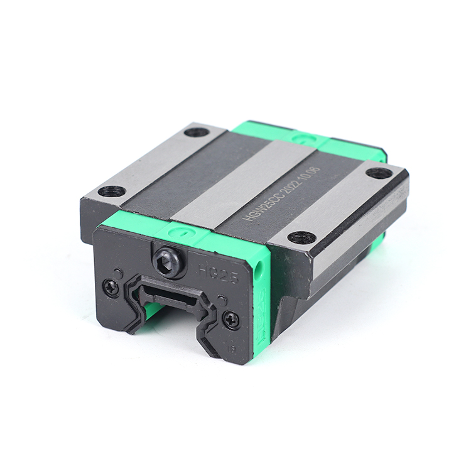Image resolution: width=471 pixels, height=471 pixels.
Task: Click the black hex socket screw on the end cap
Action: [170, 259]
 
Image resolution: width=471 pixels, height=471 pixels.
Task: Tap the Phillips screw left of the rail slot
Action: [111, 288]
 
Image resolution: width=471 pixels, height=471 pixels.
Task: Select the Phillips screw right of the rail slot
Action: [231, 321]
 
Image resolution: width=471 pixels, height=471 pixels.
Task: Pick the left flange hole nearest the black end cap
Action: [111, 191]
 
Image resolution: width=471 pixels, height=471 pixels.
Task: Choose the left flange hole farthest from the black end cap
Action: [197, 133]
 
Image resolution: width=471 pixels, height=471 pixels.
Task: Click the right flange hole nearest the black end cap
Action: [301, 237]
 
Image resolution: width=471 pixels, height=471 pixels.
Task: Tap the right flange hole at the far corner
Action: [379, 173]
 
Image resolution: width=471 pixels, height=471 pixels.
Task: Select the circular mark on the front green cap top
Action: [173, 231]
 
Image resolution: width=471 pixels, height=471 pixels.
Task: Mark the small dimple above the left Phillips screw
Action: [117, 273]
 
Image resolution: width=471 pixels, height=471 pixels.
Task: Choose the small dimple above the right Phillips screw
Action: [221, 301]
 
